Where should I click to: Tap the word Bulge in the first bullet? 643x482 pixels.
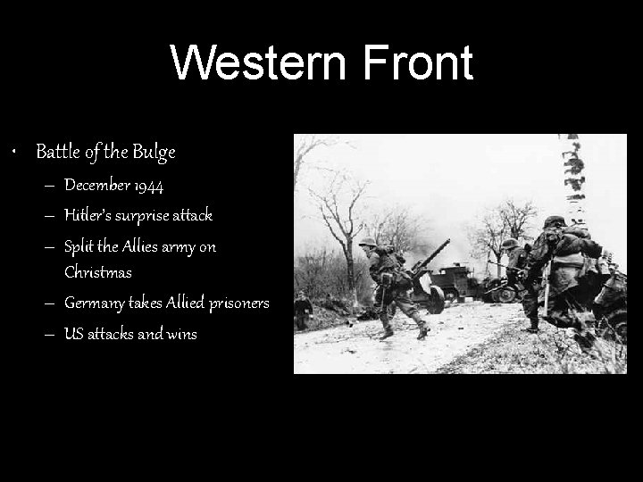coord(154,153)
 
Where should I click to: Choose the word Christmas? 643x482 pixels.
coord(98,271)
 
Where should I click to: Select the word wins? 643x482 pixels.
coord(180,334)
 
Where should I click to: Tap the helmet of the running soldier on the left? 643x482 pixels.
coord(367,241)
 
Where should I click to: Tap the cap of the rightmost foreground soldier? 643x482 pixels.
coord(554,221)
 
